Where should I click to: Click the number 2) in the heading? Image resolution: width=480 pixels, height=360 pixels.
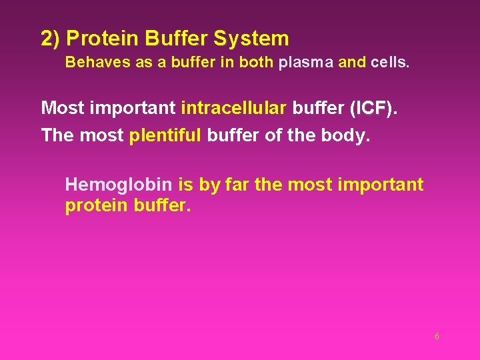click(x=51, y=39)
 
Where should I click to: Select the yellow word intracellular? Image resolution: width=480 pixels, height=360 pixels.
click(x=233, y=107)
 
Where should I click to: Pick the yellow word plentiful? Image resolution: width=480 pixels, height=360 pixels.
click(x=165, y=135)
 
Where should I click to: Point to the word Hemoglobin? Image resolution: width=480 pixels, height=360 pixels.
click(x=119, y=185)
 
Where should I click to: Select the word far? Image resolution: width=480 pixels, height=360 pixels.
click(x=238, y=185)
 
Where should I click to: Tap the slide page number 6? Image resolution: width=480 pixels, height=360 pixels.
click(x=437, y=337)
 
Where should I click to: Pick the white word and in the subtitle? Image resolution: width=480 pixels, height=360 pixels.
click(x=352, y=63)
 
